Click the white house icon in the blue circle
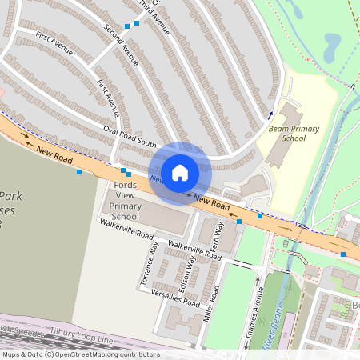point(180,171)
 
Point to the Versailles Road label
point(174,298)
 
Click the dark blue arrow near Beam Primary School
point(271,115)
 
